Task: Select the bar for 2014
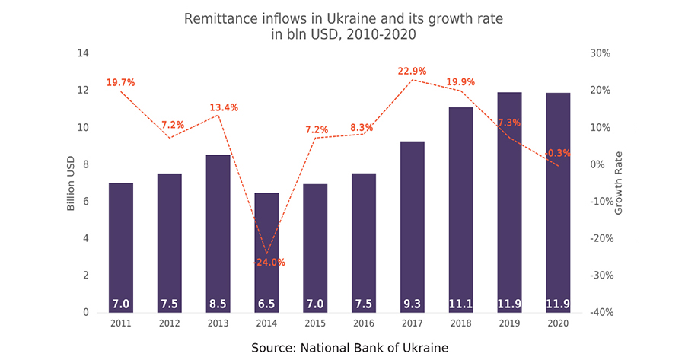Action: pos(266,253)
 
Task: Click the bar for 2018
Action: pos(461,210)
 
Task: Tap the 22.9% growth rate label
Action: pos(412,72)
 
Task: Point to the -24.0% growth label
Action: pos(269,263)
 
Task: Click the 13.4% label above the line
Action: pos(224,107)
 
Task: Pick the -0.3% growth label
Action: pos(558,153)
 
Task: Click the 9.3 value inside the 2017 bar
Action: pos(412,304)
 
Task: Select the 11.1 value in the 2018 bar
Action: pos(461,304)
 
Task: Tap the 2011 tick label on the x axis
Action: pos(120,323)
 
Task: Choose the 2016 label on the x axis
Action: pos(364,323)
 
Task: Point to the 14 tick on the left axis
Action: pos(83,53)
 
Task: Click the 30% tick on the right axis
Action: pos(601,53)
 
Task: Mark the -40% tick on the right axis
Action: pos(601,312)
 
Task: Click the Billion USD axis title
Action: pos(71,183)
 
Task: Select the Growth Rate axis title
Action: pos(618,183)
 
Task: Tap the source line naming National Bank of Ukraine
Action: pos(350,348)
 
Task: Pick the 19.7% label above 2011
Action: pos(120,82)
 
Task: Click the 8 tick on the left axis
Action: pos(86,164)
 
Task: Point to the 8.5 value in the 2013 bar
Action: pos(218,304)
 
